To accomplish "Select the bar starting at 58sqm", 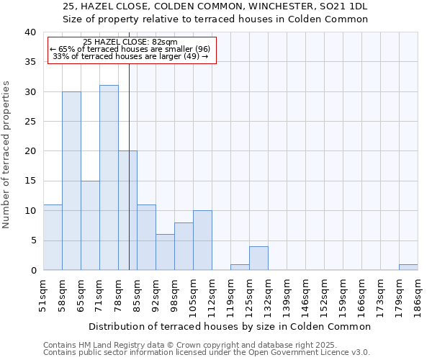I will click(71, 181).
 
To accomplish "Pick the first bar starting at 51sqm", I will click(53, 238).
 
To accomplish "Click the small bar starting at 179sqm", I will click(408, 267).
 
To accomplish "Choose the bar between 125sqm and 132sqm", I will click(258, 258).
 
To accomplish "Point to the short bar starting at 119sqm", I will click(240, 267).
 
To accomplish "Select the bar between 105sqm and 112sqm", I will click(202, 240).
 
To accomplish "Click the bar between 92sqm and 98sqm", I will click(165, 252).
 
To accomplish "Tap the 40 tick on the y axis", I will click(30, 32).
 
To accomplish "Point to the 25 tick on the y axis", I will click(30, 122).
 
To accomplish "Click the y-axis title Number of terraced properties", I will click(7, 154).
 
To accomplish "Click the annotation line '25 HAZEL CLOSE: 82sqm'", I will click(130, 42).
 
